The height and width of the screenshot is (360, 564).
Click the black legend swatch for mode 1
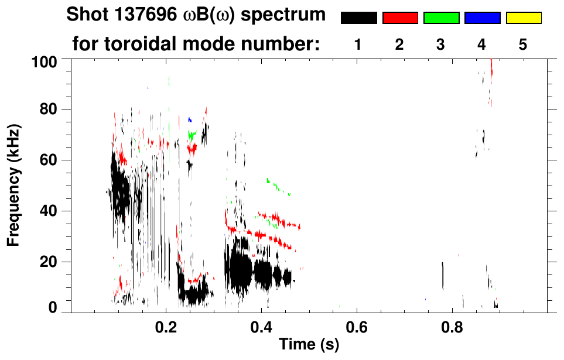[x=358, y=18]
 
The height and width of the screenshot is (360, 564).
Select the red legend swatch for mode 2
[x=400, y=18]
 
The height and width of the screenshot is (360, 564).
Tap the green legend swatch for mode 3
[x=441, y=18]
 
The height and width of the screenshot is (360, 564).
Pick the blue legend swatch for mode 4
[x=482, y=18]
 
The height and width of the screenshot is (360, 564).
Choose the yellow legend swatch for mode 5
[x=523, y=18]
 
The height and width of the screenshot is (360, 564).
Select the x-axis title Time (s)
[x=308, y=345]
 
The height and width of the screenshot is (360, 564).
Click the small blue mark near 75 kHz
[x=189, y=119]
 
